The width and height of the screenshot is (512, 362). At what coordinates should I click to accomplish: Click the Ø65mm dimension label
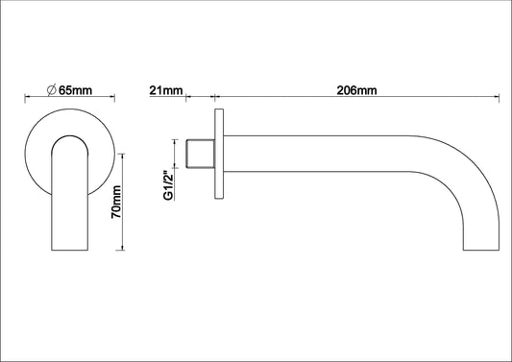(69, 90)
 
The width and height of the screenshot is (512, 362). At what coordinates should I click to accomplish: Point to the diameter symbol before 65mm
(51, 90)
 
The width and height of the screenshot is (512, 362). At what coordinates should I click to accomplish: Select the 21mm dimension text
(165, 90)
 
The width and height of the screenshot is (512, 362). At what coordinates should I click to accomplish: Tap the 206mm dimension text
(356, 90)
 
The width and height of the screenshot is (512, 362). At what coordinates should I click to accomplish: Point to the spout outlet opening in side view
(480, 249)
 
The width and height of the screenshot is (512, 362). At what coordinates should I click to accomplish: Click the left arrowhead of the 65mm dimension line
(26, 97)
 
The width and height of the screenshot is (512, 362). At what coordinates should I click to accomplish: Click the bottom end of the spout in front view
(70, 249)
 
